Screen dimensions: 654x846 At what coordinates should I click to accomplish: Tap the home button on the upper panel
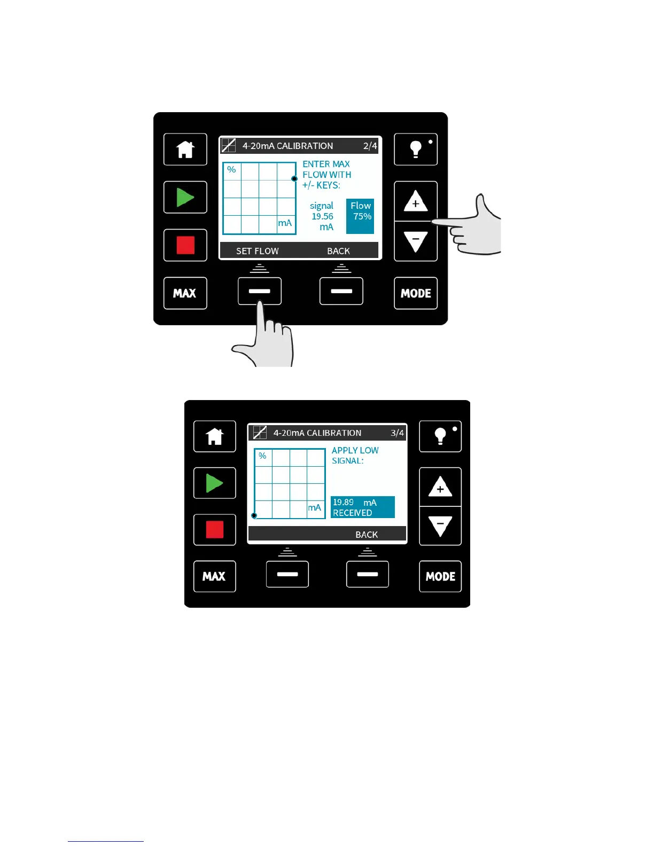185,150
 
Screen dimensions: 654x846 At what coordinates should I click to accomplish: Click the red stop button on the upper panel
185,245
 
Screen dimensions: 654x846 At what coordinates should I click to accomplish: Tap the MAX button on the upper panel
185,293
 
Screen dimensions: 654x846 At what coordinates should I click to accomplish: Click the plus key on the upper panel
416,202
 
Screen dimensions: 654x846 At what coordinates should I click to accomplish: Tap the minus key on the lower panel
440,526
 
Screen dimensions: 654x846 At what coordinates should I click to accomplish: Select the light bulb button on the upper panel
416,150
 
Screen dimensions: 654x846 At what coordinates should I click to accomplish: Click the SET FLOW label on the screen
257,251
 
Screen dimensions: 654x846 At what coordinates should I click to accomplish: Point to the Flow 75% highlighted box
360,216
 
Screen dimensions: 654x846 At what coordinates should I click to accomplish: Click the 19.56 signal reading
322,216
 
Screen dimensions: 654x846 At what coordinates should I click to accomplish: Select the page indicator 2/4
370,146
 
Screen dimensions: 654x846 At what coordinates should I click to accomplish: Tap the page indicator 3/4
397,433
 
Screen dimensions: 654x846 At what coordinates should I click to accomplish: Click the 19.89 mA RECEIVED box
362,507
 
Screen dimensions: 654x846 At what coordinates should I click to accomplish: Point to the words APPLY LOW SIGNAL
355,456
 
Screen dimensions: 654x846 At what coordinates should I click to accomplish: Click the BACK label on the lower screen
367,535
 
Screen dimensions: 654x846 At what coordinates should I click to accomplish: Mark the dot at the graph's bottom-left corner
254,515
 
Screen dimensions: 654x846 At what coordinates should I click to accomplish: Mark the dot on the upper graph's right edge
294,179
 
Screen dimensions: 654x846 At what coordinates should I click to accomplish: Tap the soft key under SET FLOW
260,291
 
